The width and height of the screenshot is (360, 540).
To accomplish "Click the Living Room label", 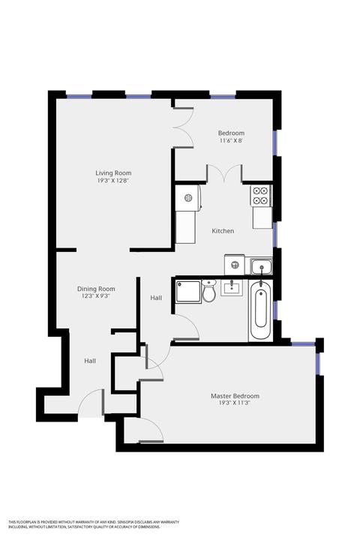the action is click(x=113, y=173).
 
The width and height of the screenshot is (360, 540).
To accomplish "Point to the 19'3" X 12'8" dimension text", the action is click(x=113, y=181).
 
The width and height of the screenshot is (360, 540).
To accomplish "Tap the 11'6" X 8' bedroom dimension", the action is click(x=231, y=140).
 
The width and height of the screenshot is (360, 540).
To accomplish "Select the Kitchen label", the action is click(x=223, y=231).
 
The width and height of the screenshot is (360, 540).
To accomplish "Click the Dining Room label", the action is click(x=96, y=289).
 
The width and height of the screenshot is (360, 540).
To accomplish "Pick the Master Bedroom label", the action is click(x=235, y=396).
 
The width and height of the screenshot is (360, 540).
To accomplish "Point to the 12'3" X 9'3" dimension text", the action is click(x=96, y=295).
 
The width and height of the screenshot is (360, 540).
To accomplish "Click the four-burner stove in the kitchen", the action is click(x=262, y=196).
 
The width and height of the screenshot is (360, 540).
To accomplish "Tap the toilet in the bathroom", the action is click(x=208, y=291).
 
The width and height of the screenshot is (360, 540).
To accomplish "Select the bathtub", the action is click(x=261, y=310).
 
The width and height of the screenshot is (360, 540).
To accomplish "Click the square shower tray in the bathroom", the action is click(x=188, y=292).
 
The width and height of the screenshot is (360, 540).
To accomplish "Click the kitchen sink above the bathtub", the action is click(x=262, y=266).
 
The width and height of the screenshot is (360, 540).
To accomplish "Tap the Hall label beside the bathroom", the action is click(x=156, y=298).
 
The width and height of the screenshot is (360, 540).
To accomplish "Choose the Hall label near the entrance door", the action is click(x=90, y=361).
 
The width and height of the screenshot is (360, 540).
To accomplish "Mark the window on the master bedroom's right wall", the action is click(x=318, y=364).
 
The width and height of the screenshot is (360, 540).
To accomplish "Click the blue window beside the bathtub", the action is click(x=275, y=310).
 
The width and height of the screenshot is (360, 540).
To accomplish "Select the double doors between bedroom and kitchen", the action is click(x=224, y=173).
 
